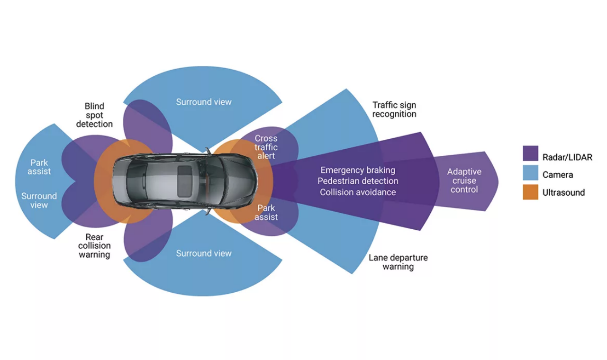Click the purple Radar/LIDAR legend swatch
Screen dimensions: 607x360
[530, 153]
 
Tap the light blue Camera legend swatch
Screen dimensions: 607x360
[530, 172]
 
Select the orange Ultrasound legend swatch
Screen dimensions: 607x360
[530, 192]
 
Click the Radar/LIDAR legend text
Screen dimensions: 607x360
[567, 157]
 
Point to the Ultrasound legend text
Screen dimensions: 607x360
[564, 192]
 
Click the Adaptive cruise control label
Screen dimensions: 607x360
[464, 180]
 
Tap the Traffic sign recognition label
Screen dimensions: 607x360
[394, 109]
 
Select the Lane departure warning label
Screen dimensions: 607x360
[398, 262]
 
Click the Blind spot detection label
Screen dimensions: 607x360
[94, 115]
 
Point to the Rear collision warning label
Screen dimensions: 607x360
[94, 246]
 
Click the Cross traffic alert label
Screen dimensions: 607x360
[266, 147]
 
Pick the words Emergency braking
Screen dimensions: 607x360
[358, 170]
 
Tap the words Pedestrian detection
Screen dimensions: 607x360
[358, 181]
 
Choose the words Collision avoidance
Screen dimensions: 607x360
[358, 192]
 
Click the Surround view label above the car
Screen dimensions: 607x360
[204, 102]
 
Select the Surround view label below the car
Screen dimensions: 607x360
[204, 253]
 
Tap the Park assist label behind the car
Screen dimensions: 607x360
[39, 167]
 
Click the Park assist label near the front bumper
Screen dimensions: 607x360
[266, 212]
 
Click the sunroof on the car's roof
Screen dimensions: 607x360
[185, 181]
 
